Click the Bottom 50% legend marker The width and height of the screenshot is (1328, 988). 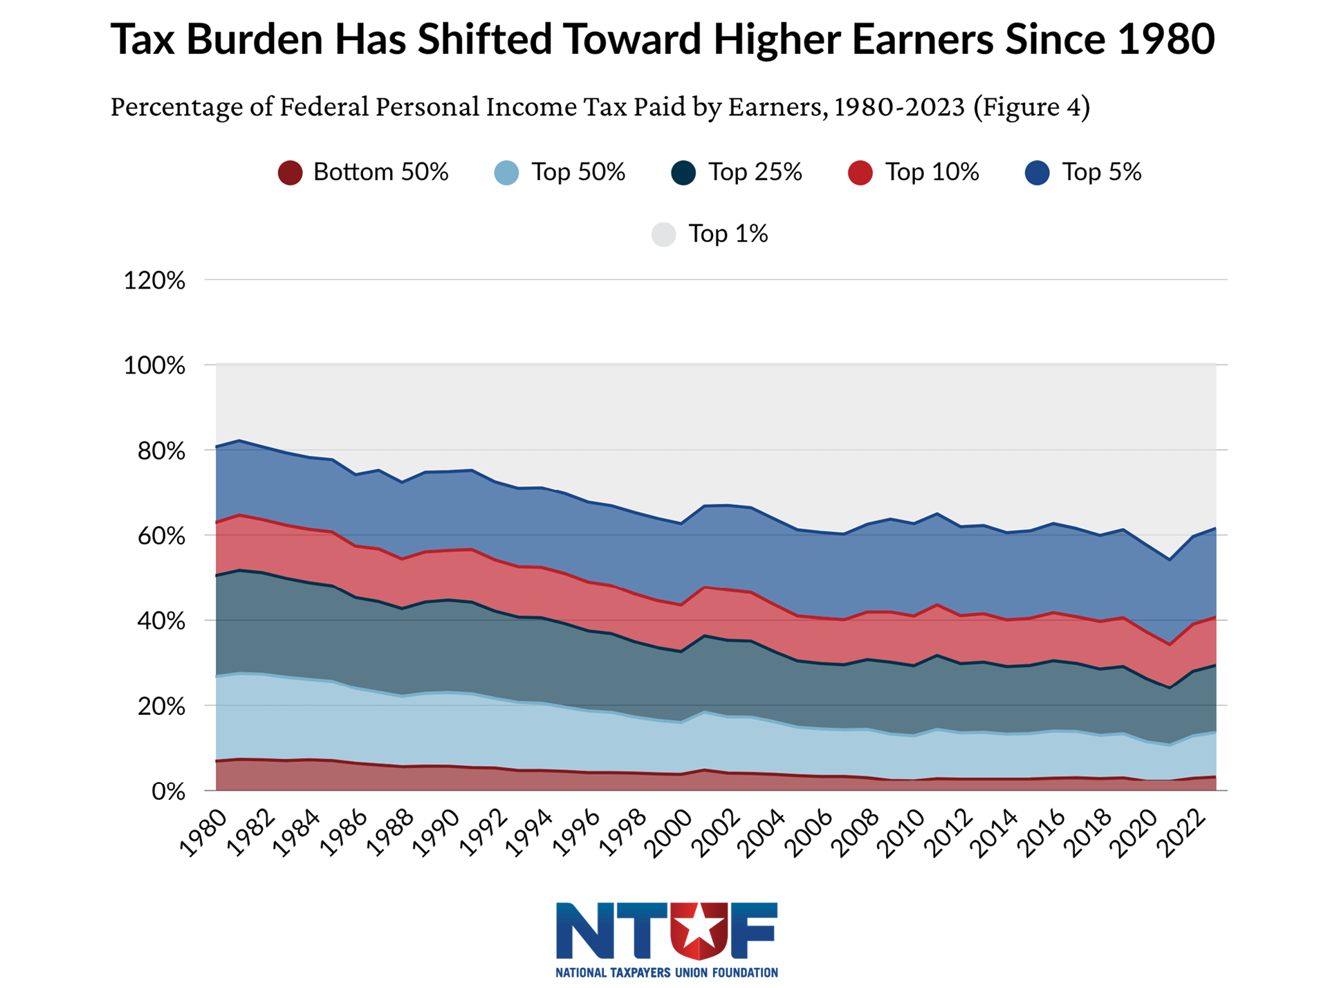290,172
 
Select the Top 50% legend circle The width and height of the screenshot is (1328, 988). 506,172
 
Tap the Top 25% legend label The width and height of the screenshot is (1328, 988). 755,172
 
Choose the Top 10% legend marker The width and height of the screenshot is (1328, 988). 860,172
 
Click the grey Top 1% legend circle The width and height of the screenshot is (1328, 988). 663,234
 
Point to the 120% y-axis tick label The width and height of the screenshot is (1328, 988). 154,281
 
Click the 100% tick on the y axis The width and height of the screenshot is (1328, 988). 154,365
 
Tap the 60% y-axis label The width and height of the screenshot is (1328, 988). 161,536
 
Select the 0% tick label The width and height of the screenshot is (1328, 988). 168,792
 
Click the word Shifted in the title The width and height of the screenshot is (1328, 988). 485,39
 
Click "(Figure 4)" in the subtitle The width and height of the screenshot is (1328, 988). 1031,107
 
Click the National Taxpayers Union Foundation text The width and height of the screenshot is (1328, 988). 666,972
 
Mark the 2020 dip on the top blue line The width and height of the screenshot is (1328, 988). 1170,559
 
